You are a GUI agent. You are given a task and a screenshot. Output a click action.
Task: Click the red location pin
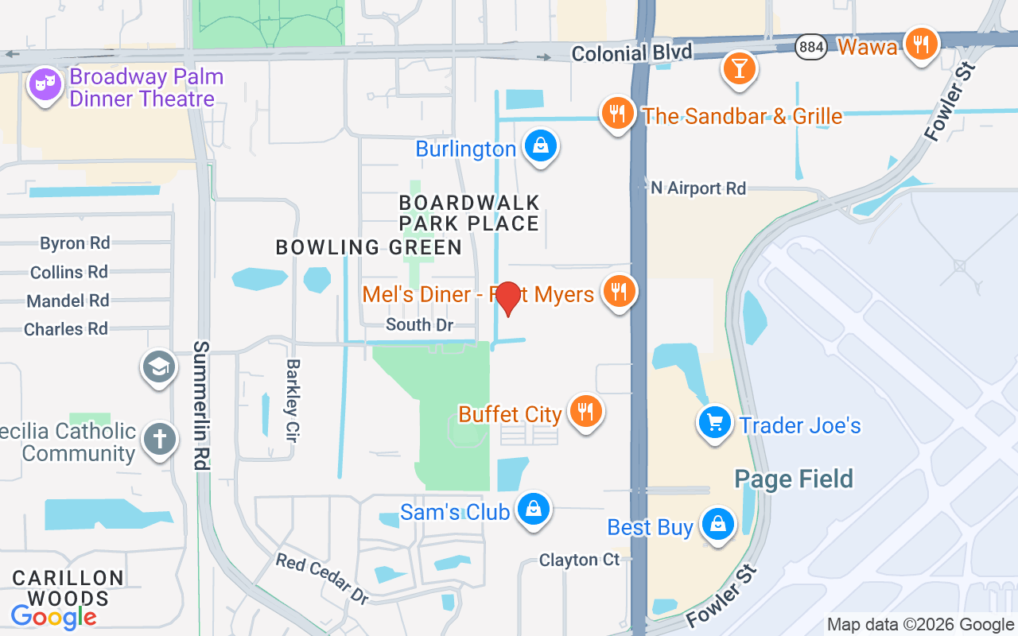coord(507,298)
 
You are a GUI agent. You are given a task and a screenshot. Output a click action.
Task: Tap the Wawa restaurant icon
coord(921,45)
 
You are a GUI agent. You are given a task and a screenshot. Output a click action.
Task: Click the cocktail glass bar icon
coord(739,68)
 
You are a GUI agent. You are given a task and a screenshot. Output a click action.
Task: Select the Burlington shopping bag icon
coord(541,146)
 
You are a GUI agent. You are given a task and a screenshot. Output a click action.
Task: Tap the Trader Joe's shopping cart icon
coord(714,423)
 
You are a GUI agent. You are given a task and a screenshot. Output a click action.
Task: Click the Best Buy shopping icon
coord(718,525)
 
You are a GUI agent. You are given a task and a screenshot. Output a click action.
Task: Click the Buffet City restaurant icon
coord(585,412)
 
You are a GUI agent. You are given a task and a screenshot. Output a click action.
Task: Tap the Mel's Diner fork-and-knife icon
coord(619,291)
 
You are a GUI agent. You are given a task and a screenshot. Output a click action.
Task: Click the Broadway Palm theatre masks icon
coord(45,85)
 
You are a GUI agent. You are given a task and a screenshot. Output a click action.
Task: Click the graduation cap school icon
coord(159,367)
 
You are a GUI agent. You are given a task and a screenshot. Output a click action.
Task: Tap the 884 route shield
coord(811,47)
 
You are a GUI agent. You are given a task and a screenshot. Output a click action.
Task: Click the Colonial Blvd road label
coord(632,53)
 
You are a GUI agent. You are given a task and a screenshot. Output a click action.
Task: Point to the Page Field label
coord(794,479)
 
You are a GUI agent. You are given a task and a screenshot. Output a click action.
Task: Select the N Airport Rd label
coord(698,188)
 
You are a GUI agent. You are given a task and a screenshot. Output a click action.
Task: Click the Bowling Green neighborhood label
coord(369,247)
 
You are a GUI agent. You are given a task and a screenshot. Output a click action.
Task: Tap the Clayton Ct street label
coord(579,560)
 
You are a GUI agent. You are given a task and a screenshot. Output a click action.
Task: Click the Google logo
coord(53,616)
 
